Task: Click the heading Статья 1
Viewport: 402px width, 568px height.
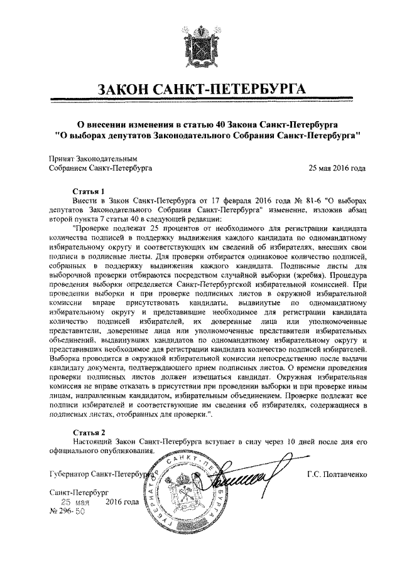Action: click(x=88, y=189)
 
